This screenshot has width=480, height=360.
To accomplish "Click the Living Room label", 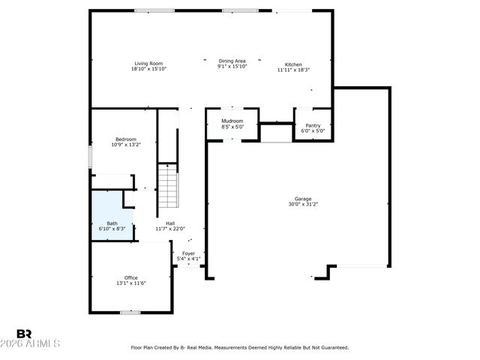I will [148, 64].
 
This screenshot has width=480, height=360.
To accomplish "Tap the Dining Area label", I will [232, 61].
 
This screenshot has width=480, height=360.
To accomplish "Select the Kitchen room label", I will [293, 64].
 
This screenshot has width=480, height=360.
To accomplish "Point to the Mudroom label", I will [232, 121].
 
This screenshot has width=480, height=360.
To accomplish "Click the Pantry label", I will [313, 125].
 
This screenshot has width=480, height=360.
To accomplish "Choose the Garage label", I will [302, 199].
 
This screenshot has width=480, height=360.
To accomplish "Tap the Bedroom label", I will [125, 139].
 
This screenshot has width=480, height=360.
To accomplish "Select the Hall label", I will [170, 223].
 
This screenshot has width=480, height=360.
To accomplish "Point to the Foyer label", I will [188, 253].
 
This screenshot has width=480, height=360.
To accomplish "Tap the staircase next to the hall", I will [169, 186].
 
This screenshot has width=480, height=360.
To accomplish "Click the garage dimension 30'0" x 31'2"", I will [302, 204].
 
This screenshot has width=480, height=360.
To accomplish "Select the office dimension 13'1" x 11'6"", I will [130, 283].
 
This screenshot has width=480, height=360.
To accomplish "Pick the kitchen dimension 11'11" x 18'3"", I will [293, 70].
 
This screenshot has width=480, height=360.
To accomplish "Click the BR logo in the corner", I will [24, 333].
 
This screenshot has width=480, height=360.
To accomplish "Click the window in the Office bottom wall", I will [130, 312].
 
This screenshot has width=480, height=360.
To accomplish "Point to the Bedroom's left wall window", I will [91, 157].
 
